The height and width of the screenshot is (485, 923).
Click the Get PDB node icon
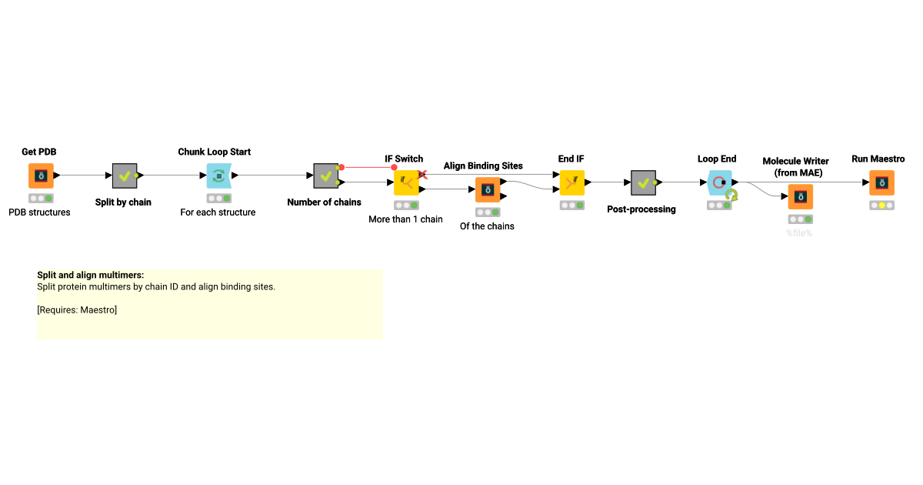point(41,176)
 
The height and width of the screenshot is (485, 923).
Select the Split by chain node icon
point(125,176)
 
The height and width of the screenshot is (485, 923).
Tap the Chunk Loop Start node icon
point(218,176)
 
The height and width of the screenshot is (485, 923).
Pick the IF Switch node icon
point(405,182)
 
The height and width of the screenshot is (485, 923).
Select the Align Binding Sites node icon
point(487,189)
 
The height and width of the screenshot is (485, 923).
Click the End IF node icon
point(571,182)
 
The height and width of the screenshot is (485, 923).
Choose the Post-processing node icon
point(642,182)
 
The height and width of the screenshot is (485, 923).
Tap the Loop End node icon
point(719,182)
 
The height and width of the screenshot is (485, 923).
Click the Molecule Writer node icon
point(800,197)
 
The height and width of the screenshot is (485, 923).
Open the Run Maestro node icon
point(881,182)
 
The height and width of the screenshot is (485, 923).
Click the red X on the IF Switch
point(422,175)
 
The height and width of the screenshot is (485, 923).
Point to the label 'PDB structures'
point(39,212)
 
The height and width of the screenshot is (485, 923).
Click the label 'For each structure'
point(218,212)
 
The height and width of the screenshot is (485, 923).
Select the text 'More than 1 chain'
point(405,219)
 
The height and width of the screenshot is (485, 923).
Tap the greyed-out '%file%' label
point(799,233)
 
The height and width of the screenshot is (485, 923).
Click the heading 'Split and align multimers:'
point(91,275)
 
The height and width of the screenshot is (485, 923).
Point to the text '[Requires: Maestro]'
point(77,310)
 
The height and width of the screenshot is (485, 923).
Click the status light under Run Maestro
point(881,206)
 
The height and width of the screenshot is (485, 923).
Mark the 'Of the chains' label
point(487,226)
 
